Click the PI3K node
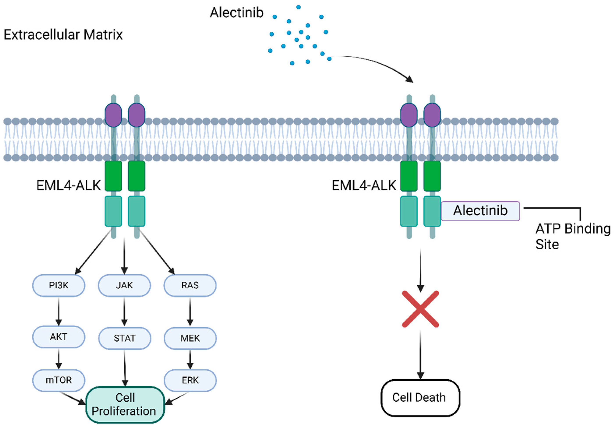click(58, 285)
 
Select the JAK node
click(124, 285)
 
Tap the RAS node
click(190, 285)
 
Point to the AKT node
click(58, 337)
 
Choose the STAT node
click(125, 338)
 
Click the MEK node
click(190, 338)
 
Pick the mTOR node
click(58, 380)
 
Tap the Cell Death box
click(420, 397)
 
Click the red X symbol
click(420, 309)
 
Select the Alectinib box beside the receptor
click(480, 211)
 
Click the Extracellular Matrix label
click(63, 35)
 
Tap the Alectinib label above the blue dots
click(236, 12)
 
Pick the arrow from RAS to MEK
click(190, 312)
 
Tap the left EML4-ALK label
click(69, 185)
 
